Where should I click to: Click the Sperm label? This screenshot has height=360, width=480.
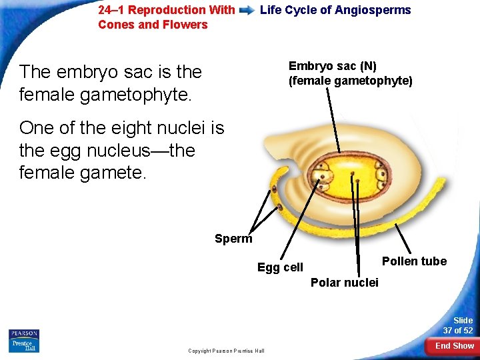(233, 239)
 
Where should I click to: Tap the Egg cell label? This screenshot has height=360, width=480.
(280, 267)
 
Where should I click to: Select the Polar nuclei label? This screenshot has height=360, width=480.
(344, 283)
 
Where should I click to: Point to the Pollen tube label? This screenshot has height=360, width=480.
(414, 261)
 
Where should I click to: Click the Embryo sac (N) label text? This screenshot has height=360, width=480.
(332, 66)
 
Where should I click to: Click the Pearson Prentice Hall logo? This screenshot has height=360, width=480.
(24, 341)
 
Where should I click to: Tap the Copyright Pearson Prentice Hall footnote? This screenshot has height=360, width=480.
(226, 351)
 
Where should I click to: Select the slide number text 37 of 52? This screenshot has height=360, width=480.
(458, 331)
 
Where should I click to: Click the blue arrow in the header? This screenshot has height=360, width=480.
(247, 11)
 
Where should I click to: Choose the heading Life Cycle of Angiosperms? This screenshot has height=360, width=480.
(335, 10)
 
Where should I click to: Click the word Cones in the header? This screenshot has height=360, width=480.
(114, 25)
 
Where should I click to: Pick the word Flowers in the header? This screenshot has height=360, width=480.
(187, 25)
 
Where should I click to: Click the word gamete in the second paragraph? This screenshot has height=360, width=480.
(110, 173)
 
